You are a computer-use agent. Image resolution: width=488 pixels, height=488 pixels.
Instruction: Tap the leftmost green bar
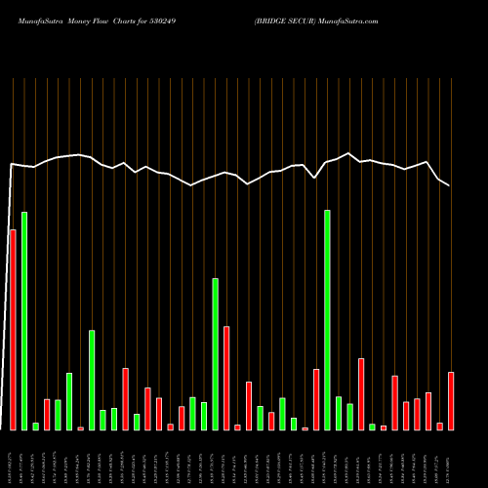click(x=24, y=321)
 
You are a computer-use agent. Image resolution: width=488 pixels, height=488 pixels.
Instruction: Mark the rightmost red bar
click(x=451, y=401)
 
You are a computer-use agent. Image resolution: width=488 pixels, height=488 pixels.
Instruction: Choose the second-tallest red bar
click(x=226, y=378)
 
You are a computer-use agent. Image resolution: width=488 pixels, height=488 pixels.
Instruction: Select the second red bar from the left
click(x=47, y=415)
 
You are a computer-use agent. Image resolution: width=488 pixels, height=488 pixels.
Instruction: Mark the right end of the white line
click(x=450, y=184)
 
